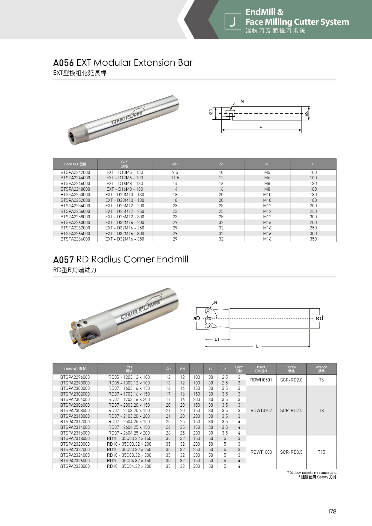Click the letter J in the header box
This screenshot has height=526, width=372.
[x=232, y=22]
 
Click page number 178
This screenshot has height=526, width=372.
[x=332, y=511]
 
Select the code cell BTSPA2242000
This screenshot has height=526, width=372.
[x=75, y=172]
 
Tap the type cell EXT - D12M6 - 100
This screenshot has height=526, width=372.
[x=124, y=178]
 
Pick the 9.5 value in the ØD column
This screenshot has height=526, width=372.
[x=175, y=172]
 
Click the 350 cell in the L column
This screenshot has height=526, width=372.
[x=313, y=239]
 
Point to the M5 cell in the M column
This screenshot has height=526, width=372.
[x=267, y=172]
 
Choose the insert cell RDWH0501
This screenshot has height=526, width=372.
[x=261, y=380]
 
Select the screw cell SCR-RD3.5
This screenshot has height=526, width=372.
[x=291, y=452]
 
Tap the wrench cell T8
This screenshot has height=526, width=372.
[x=321, y=411]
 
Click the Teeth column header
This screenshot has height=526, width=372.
[x=239, y=369]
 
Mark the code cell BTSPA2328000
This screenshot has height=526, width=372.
[x=75, y=466]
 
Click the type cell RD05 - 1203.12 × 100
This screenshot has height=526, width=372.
[x=129, y=377]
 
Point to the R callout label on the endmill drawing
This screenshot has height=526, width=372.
[x=216, y=303]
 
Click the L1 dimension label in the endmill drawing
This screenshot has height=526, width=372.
[x=217, y=339]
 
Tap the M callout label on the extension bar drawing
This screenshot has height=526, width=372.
[x=242, y=101]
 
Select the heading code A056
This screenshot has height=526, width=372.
[x=63, y=63]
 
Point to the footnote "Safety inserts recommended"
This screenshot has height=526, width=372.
[x=313, y=472]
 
